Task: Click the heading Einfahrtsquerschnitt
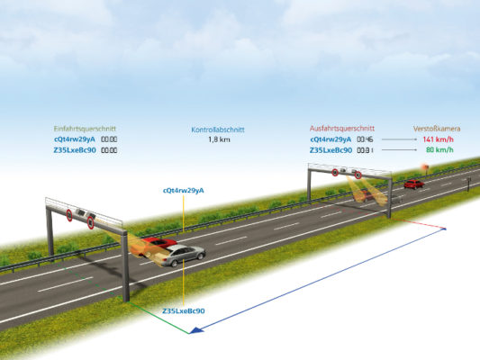[x=85, y=129]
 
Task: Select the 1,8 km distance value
[x=219, y=139]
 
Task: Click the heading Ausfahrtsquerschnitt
[x=341, y=129]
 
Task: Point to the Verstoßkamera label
[x=432, y=129]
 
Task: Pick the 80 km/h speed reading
[x=439, y=150]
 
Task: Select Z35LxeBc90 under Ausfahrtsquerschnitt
[x=331, y=150]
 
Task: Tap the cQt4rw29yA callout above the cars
[x=183, y=191]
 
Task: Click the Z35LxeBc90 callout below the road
[x=183, y=310]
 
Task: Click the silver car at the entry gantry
[x=183, y=255]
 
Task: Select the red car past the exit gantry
[x=413, y=184]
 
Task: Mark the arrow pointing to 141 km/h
[x=398, y=139]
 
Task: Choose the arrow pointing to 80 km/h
[x=398, y=150]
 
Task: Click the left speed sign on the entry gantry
[x=69, y=215]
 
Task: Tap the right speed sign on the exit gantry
[x=358, y=174]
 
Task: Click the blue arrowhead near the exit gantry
[x=443, y=230]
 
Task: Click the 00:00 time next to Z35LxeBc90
[x=109, y=150]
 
